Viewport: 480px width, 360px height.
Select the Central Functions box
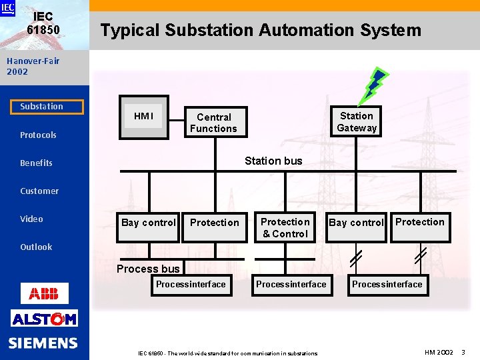click(x=213, y=123)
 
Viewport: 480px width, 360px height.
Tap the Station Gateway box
click(x=357, y=122)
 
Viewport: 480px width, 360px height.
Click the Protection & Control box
click(x=285, y=228)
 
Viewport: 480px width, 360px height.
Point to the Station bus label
click(x=273, y=161)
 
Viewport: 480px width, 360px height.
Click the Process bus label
click(x=148, y=269)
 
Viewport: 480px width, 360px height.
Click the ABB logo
click(x=44, y=293)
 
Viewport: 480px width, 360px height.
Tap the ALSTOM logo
click(x=44, y=319)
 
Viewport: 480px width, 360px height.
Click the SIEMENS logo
click(x=43, y=343)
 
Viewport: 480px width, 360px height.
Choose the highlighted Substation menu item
click(x=41, y=107)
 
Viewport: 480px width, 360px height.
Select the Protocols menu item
click(x=38, y=135)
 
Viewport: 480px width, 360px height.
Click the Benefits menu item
click(x=36, y=163)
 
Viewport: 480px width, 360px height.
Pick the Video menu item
click(x=31, y=219)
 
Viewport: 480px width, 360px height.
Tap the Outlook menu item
click(x=36, y=247)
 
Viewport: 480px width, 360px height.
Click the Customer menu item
click(x=39, y=191)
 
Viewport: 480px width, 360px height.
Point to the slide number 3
click(x=463, y=351)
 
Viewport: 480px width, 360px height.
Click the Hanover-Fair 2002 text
click(x=33, y=66)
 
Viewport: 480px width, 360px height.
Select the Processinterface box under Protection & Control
click(x=291, y=285)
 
